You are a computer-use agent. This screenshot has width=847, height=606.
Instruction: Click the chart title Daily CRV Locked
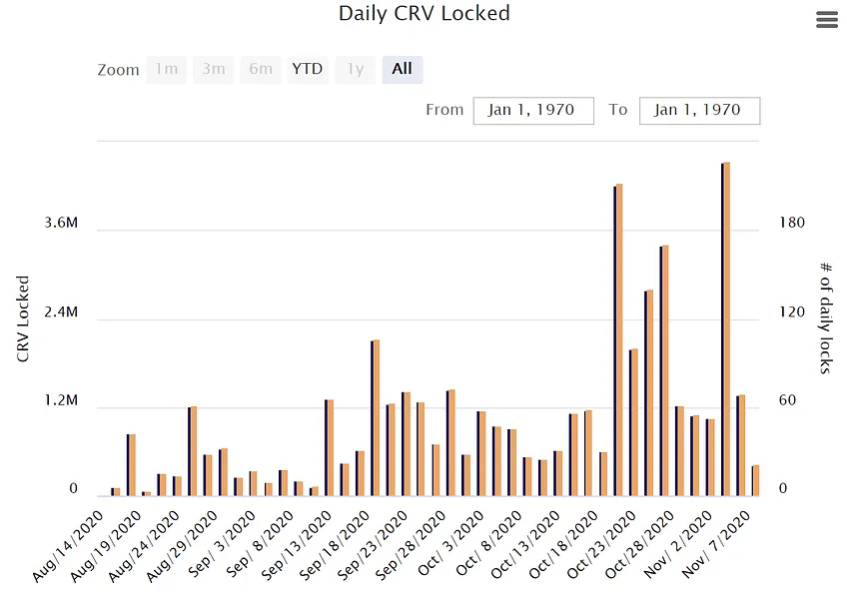tap(424, 14)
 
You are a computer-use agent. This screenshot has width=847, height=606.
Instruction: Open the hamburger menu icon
tap(826, 20)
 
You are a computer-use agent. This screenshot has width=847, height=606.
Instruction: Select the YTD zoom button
tap(308, 69)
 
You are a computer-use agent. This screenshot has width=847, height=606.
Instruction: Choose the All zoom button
tap(402, 69)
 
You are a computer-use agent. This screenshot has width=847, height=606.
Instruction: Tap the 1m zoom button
tap(167, 69)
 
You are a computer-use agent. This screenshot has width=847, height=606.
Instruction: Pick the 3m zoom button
tap(214, 69)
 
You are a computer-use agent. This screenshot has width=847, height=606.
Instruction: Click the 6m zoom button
tap(261, 69)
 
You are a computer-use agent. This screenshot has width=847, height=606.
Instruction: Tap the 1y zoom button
tap(355, 69)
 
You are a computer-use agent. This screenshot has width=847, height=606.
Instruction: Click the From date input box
tap(533, 110)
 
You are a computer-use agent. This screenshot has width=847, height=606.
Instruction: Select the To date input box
tap(699, 110)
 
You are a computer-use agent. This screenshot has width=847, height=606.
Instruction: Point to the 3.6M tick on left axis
tap(61, 223)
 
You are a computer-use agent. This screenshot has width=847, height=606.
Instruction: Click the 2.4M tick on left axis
tap(61, 311)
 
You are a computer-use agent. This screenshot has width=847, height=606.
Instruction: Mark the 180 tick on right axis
tap(791, 223)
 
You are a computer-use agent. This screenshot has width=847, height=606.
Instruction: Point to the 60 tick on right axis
tap(787, 400)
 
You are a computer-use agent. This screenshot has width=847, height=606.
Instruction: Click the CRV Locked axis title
tap(22, 318)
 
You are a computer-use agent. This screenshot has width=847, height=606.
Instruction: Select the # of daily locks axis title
tap(825, 317)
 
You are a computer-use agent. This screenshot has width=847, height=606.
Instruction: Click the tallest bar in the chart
tap(725, 328)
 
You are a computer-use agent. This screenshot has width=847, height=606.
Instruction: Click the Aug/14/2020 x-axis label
tap(68, 546)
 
